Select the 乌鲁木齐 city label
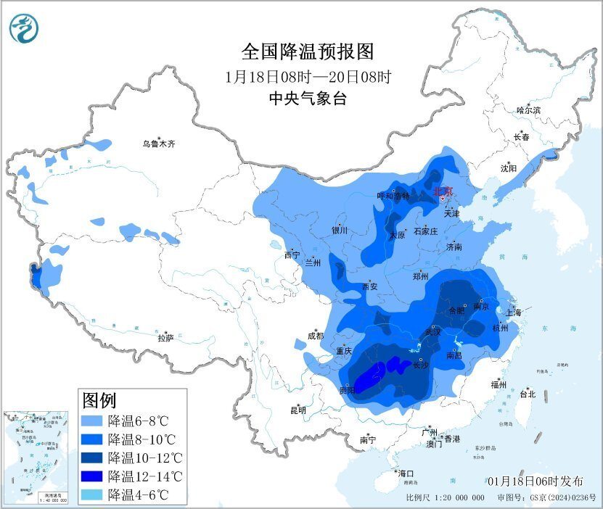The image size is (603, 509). [158, 144]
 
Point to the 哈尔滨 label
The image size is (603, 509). [528, 110]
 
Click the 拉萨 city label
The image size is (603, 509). [166, 338]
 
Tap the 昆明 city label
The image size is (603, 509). [298, 410]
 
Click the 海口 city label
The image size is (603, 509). [406, 473]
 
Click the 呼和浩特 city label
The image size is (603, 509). [393, 196]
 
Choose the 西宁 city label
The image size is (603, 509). [292, 255]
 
